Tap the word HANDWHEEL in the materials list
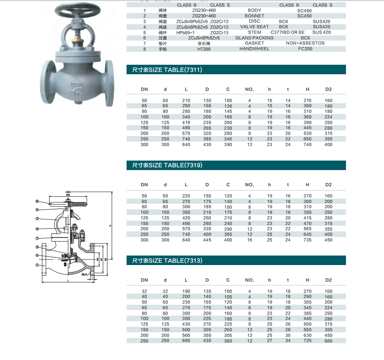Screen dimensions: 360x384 [x=254, y=49]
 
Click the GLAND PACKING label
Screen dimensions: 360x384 [x=254, y=38]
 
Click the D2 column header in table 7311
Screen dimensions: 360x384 [x=328, y=89]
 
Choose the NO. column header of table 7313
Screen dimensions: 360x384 [x=250, y=280]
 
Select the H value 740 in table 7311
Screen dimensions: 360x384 [x=308, y=145]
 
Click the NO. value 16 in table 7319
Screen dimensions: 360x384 [x=250, y=240]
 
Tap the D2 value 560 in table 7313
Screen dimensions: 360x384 [x=328, y=341]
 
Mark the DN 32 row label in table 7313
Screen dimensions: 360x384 [x=144, y=291]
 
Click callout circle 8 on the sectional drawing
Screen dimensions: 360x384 [x=37, y=202]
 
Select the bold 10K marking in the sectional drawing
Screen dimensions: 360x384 [x=65, y=256]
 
